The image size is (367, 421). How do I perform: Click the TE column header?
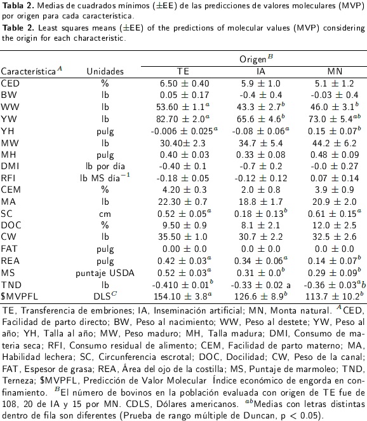point(183,71)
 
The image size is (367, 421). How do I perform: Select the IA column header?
point(260,71)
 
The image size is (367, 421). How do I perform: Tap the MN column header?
point(335,71)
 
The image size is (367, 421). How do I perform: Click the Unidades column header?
point(105,71)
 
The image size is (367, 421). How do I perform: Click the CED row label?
point(10,83)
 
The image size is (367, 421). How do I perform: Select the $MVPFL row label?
point(20,296)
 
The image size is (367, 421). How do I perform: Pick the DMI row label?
point(10,166)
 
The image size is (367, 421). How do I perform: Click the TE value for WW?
point(183,107)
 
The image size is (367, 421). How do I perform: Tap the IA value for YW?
point(261,118)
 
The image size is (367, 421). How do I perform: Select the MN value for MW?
point(334,143)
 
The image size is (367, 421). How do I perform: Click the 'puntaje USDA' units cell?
point(105,273)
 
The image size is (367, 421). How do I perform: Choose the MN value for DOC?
point(334,225)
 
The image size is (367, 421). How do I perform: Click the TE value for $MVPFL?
point(183,296)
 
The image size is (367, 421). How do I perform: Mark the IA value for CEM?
point(260,190)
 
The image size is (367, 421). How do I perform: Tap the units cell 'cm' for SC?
point(105,214)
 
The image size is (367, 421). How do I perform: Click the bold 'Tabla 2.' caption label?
point(18,6)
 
